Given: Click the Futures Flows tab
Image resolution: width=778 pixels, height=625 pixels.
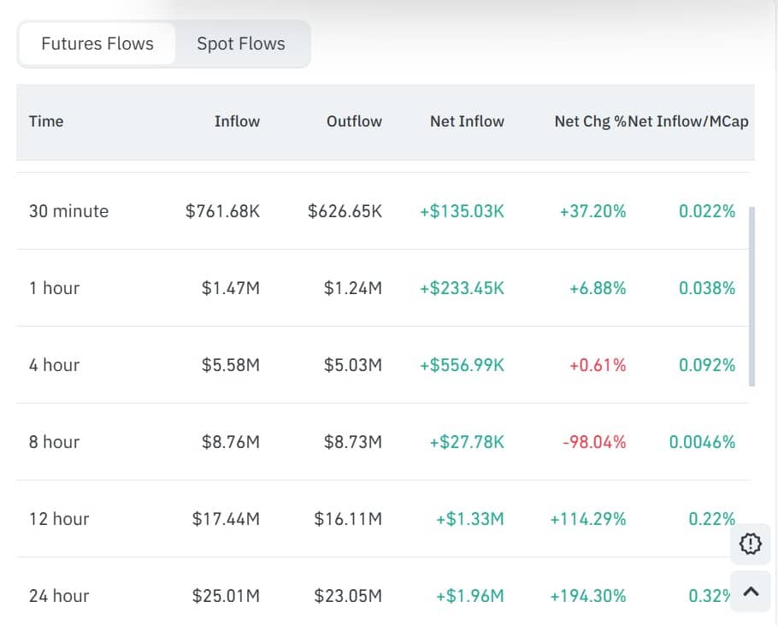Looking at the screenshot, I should [97, 44].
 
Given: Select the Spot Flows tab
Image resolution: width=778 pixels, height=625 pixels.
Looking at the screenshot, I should [241, 44].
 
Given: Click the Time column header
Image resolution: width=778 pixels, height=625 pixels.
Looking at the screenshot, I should [46, 121].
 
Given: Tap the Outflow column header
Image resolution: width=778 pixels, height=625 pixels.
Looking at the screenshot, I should [354, 121].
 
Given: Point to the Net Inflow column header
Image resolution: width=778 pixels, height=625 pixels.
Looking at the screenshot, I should [467, 121].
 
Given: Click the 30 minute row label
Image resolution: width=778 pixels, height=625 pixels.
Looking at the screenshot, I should [68, 211].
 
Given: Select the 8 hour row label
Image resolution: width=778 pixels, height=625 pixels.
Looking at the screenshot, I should [54, 442].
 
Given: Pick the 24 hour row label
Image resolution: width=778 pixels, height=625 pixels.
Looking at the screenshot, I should [59, 596].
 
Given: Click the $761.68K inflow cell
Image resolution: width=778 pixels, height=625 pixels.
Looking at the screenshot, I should [222, 211].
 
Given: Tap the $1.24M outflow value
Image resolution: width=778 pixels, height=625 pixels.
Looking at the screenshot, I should [353, 288].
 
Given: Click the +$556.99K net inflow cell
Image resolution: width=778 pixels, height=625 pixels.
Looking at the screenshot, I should [462, 365].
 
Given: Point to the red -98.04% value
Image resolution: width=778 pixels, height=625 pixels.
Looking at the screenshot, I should [594, 442].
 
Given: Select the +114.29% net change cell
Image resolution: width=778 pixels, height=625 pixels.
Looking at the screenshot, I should [588, 519].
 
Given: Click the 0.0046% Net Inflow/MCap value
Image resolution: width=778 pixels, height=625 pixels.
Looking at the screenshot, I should [702, 442].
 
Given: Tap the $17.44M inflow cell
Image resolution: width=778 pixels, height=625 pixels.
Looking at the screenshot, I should [226, 519].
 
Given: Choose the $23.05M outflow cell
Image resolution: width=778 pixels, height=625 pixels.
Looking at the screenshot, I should [348, 596].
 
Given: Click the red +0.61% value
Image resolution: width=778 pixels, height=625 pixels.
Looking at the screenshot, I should [598, 365].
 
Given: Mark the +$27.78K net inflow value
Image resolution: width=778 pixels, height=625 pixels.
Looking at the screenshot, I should [467, 442].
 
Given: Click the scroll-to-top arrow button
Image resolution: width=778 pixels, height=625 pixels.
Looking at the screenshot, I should [751, 592].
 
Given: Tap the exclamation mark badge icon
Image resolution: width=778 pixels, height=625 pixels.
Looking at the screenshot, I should [751, 543].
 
